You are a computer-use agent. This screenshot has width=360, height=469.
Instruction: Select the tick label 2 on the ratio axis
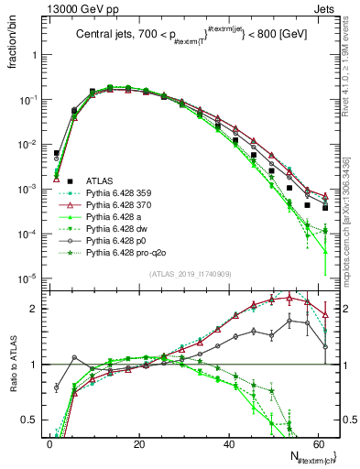37,309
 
